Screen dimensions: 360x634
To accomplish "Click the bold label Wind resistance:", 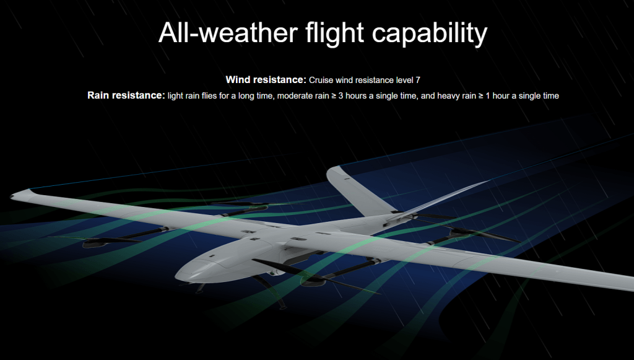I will (x=266, y=80).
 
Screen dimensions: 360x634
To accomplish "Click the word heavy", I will (x=450, y=96).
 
